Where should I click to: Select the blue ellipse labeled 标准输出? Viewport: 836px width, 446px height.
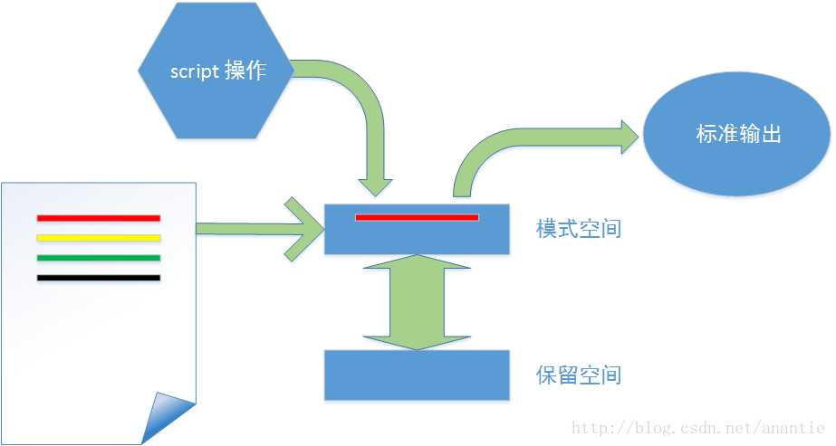(x=737, y=136)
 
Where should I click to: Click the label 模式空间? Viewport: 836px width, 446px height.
(x=578, y=229)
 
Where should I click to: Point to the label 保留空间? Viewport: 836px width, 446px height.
(x=578, y=375)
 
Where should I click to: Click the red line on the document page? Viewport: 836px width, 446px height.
(x=99, y=218)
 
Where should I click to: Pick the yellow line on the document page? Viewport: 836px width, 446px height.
(x=99, y=239)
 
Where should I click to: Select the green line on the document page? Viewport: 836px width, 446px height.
(x=99, y=258)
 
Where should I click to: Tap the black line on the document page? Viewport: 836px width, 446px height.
(x=99, y=278)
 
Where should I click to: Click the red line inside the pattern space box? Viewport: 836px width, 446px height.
(x=417, y=217)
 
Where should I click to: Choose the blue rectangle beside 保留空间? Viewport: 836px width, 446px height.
(x=417, y=375)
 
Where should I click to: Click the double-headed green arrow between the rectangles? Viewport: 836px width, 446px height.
(x=417, y=302)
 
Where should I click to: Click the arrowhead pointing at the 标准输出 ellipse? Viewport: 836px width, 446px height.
(x=627, y=137)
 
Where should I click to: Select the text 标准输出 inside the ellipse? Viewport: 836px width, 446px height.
(x=737, y=136)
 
